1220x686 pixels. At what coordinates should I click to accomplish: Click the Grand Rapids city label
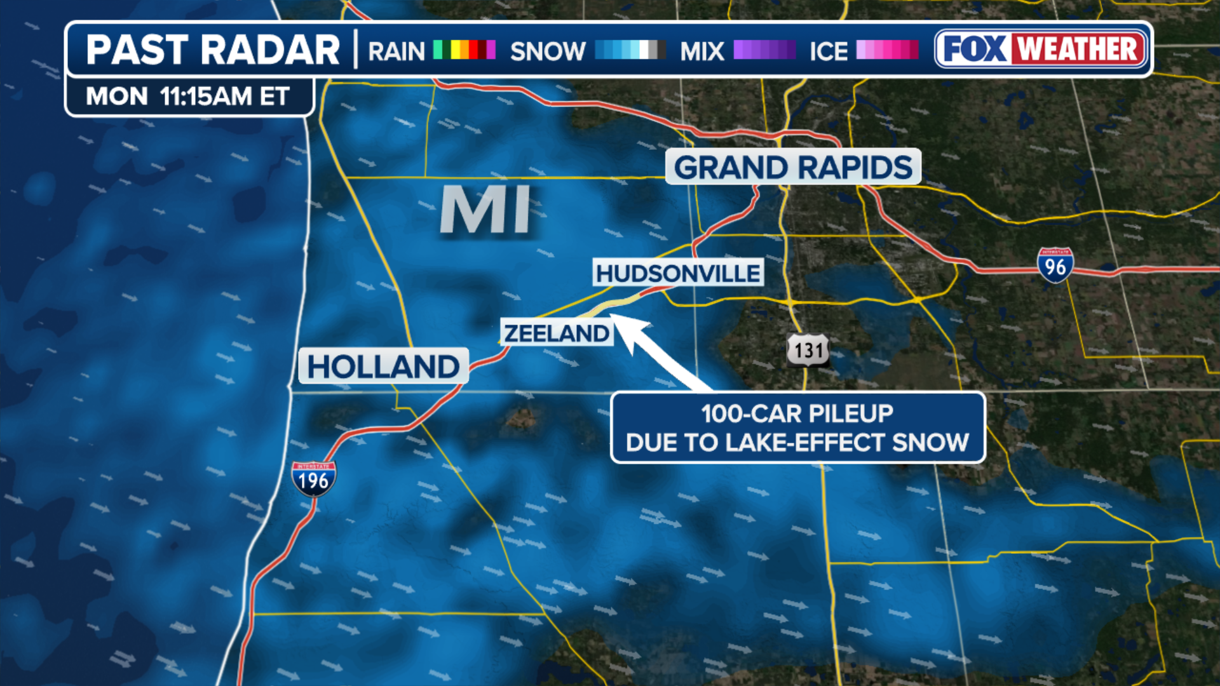tap(792, 168)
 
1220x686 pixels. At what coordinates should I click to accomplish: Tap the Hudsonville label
tap(678, 273)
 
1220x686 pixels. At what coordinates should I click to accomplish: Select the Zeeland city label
tap(557, 333)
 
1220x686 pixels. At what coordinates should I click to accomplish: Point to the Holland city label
tap(383, 367)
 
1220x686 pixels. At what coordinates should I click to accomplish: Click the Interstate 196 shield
tap(314, 479)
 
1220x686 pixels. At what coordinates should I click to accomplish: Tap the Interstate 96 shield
tap(1055, 266)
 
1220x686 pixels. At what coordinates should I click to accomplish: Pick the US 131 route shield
tap(808, 350)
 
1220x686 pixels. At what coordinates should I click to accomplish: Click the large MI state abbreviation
tap(485, 210)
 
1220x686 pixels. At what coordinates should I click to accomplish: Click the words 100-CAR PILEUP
tap(797, 414)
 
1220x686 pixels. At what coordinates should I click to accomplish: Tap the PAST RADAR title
tap(213, 50)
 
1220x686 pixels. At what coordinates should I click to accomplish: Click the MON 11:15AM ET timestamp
tap(188, 97)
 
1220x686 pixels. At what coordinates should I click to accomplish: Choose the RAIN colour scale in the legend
tap(464, 50)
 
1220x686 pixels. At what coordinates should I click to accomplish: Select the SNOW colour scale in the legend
tap(630, 50)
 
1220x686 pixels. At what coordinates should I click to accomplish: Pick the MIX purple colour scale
tap(764, 50)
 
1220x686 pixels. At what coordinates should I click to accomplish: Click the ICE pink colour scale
tap(887, 50)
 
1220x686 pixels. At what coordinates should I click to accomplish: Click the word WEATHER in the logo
tap(1078, 49)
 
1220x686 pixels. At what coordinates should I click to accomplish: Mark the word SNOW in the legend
tap(548, 51)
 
